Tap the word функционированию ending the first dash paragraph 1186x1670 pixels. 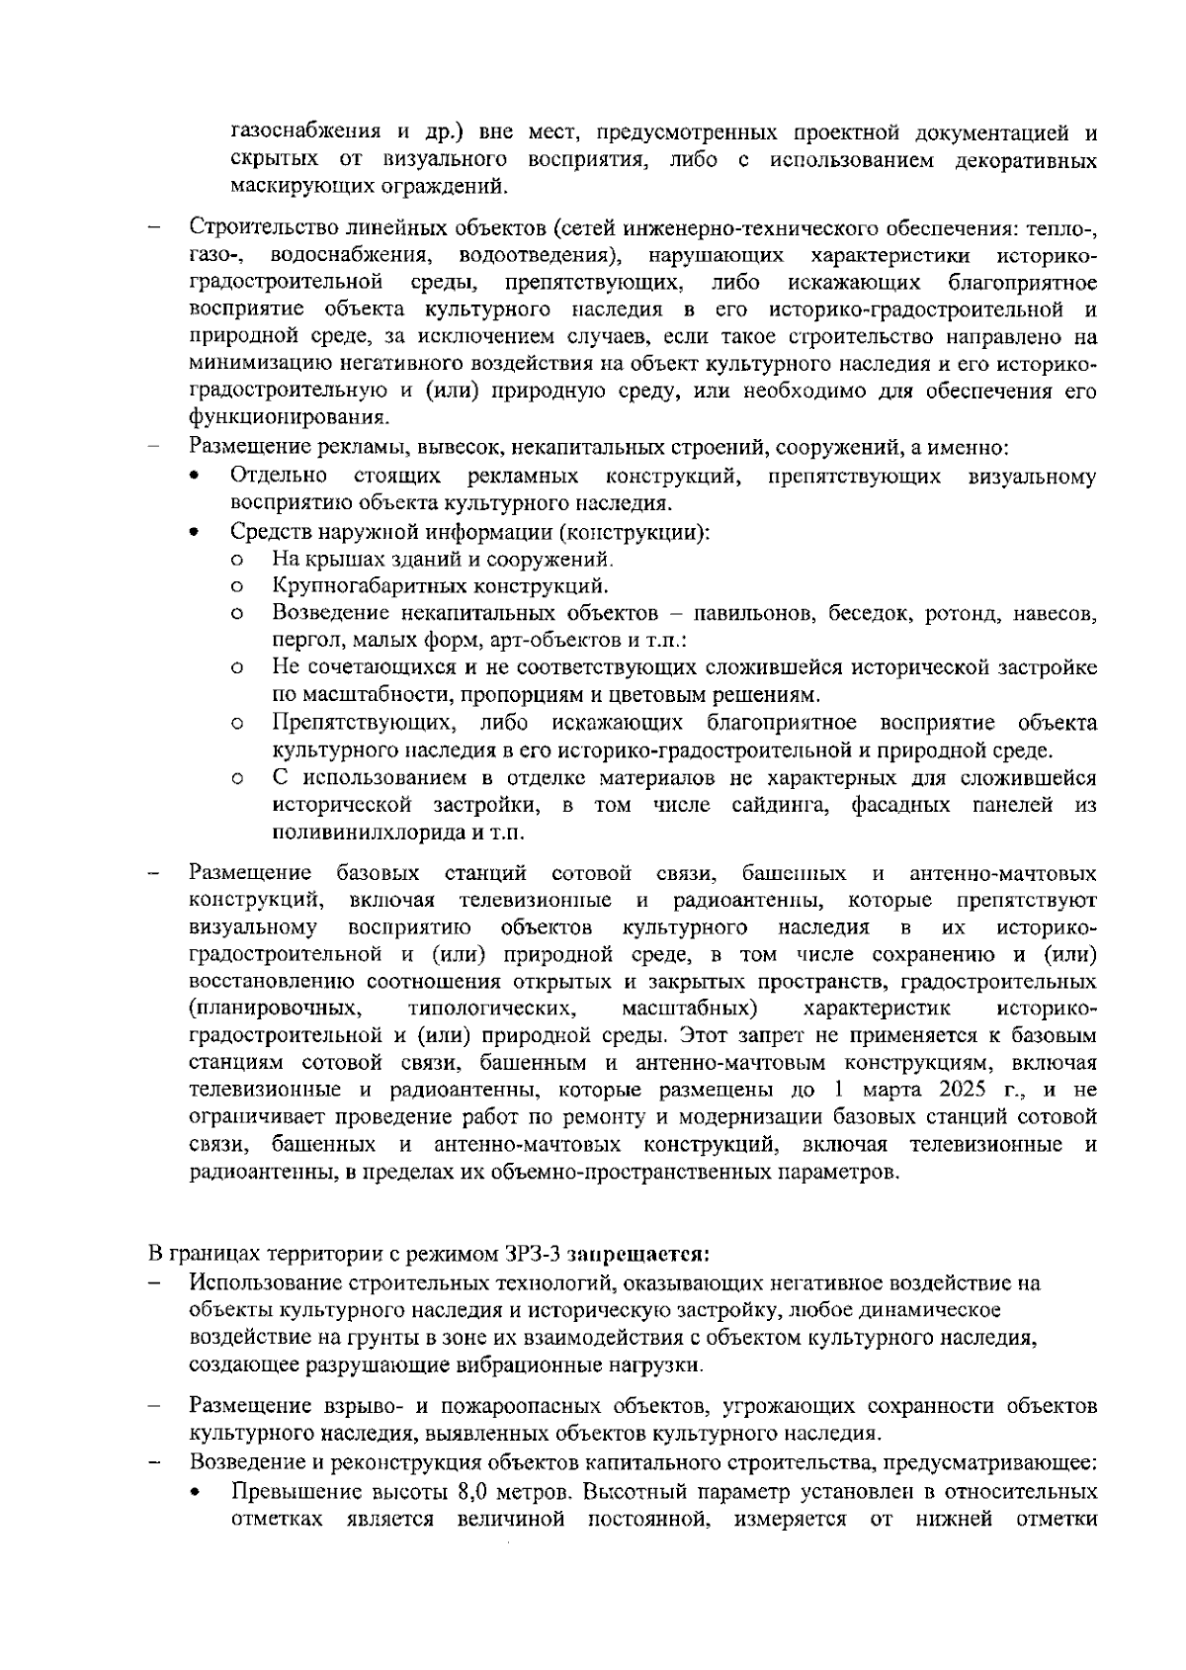click(287, 417)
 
